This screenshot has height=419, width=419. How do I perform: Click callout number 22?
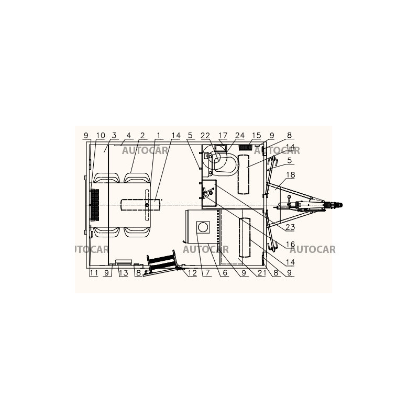(205, 136)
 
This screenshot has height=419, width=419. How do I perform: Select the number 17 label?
(223, 136)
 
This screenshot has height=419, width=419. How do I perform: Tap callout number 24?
(240, 136)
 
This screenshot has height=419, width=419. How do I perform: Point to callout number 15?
(256, 136)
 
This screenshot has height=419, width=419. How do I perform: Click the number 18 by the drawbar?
(291, 175)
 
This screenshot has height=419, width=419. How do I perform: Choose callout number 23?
(290, 227)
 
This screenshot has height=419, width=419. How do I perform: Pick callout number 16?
(291, 244)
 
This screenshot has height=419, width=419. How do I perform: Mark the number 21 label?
(261, 273)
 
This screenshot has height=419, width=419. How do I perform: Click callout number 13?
(124, 273)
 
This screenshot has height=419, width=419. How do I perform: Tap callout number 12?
(192, 273)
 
